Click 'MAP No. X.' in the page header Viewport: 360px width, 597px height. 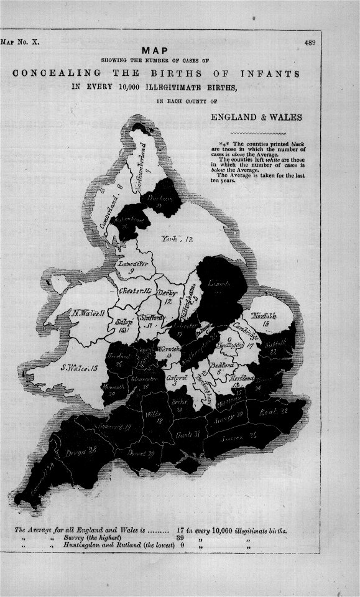21,43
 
